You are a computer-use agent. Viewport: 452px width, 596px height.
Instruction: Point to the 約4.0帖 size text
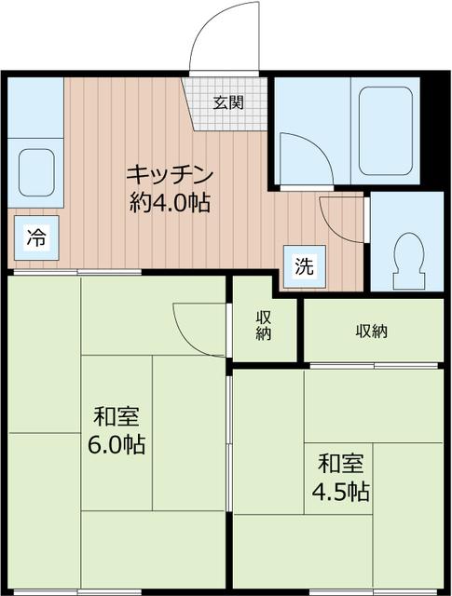click(170, 202)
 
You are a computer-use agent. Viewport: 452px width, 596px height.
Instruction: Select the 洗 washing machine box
click(305, 264)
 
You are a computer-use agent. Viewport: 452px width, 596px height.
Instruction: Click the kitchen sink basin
click(34, 172)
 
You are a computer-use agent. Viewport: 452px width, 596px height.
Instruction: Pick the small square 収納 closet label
click(265, 326)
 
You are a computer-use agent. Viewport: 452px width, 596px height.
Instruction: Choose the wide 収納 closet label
click(371, 331)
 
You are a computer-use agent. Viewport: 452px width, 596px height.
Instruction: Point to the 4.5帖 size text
click(341, 491)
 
